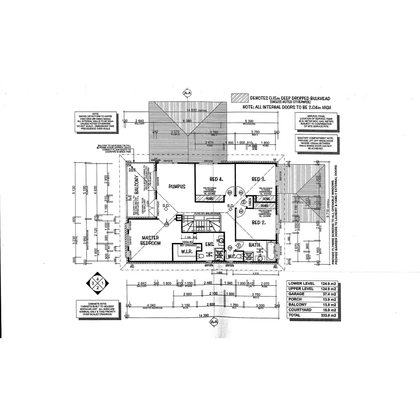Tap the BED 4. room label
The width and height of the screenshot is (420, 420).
(x=216, y=179)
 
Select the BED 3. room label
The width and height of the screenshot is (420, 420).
(x=259, y=179)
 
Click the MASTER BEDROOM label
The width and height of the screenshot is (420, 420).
(x=150, y=240)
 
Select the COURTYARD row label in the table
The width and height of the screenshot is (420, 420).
(x=298, y=310)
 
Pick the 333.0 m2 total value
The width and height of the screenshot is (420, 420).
(x=329, y=315)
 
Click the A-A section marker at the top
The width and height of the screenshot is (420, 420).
(x=187, y=93)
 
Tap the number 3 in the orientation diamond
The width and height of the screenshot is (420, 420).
(x=93, y=283)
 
